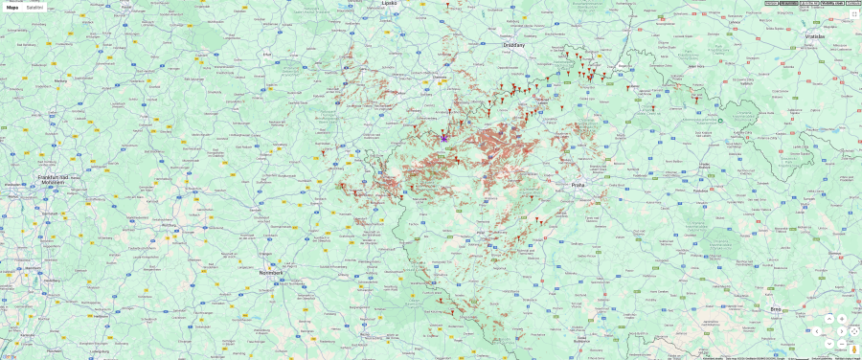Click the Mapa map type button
12,7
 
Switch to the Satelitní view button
34,7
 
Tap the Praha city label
578,185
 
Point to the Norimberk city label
271,273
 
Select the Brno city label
776,309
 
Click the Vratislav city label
814,35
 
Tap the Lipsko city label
389,3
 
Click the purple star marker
444,138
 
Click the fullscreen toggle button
853,14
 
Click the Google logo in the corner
9,356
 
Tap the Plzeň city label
481,233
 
